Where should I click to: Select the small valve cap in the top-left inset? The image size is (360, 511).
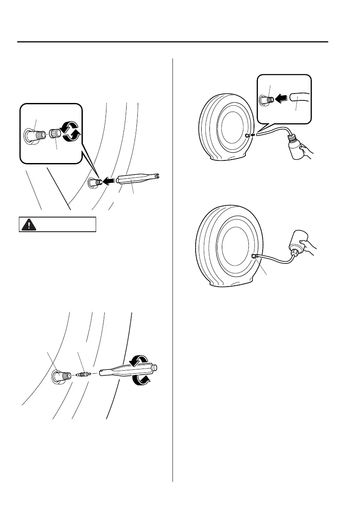(54, 133)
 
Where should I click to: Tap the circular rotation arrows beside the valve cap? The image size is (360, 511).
(70, 131)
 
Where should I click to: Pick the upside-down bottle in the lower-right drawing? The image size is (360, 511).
(299, 245)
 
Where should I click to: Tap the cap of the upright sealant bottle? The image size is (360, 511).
(292, 138)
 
